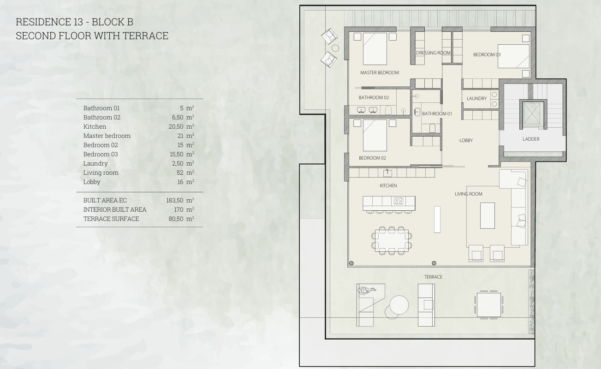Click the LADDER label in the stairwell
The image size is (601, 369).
(x=531, y=139)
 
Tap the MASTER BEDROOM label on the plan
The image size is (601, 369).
(x=380, y=72)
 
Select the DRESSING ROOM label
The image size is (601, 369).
(x=433, y=53)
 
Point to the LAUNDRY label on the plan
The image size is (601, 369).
(x=476, y=99)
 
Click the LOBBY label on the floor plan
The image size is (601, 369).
(x=466, y=140)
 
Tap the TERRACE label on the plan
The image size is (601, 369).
(x=433, y=277)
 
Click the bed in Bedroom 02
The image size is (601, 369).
(x=375, y=135)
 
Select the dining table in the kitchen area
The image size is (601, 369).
(x=392, y=240)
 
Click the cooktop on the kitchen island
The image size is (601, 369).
(x=399, y=201)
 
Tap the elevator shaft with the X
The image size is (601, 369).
(x=532, y=114)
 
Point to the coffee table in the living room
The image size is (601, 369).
(x=487, y=215)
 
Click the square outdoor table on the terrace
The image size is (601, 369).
(x=488, y=305)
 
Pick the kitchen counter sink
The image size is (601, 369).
(x=387, y=173)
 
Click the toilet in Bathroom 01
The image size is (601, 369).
(x=432, y=128)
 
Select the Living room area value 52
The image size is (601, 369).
(x=180, y=173)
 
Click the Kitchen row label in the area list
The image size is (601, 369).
(x=95, y=126)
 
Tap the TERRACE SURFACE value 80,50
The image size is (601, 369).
(x=176, y=219)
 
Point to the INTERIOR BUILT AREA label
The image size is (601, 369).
(x=115, y=209)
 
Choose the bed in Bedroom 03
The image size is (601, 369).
(x=513, y=56)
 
